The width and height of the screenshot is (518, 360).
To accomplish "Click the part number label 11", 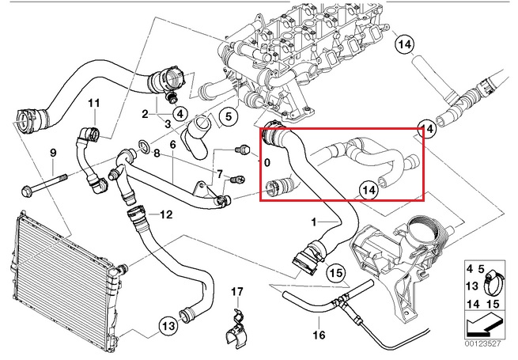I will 94,104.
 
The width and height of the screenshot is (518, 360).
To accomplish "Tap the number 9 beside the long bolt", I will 53,152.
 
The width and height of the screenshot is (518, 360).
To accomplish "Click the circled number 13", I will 168,324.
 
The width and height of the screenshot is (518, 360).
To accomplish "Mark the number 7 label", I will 219,173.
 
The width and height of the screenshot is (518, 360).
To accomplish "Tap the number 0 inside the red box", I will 267,163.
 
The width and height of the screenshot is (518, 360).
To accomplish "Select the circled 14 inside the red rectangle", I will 369,190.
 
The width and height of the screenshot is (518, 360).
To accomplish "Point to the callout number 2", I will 146,115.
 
